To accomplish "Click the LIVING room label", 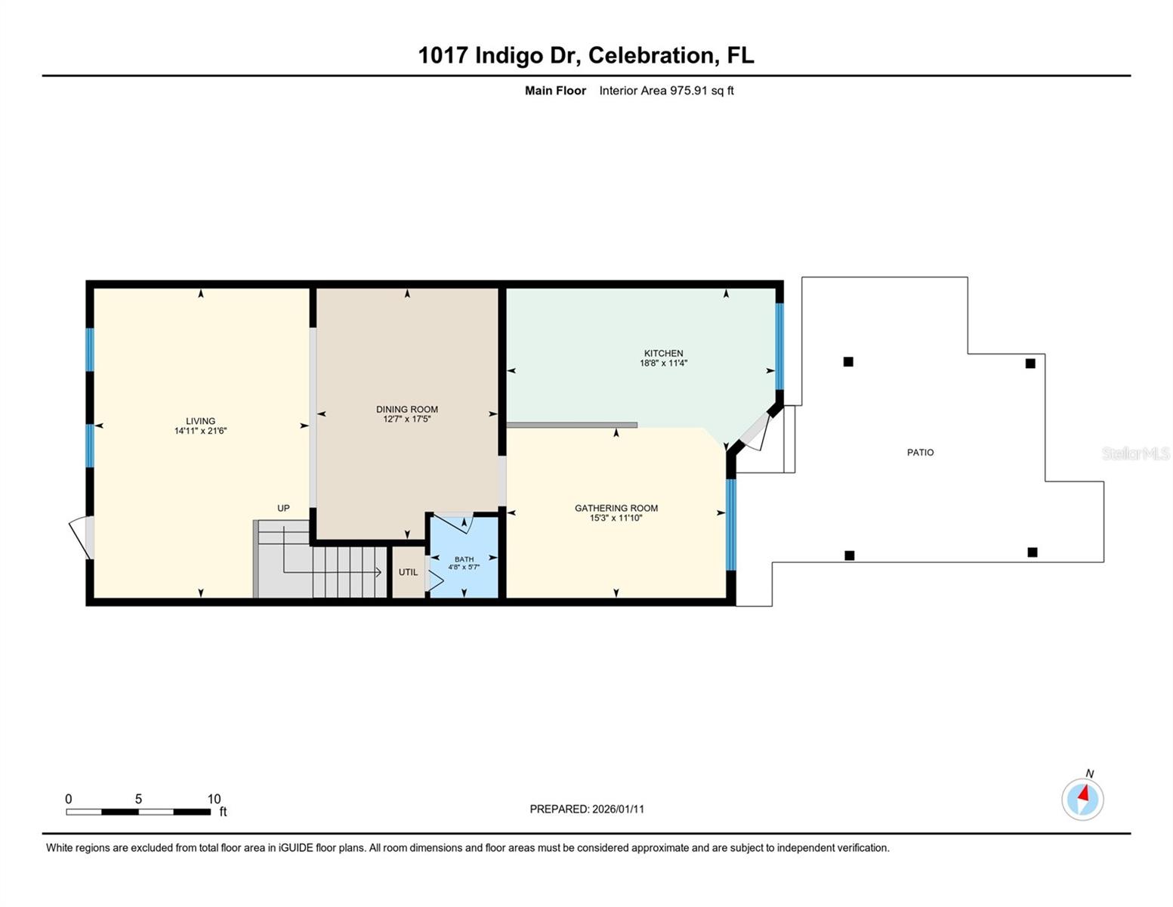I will [x=200, y=421].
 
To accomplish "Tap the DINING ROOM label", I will [x=406, y=409].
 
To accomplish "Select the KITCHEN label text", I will [x=663, y=353].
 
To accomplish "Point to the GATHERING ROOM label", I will [x=616, y=508].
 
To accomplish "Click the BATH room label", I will [x=464, y=559].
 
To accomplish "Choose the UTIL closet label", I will [x=408, y=572].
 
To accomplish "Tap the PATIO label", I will [x=920, y=452].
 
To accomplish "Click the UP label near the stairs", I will [x=283, y=508].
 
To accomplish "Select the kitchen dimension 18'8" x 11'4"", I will [x=663, y=364].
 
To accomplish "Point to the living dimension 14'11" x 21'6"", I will [x=200, y=431].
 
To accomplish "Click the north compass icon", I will [x=1082, y=798].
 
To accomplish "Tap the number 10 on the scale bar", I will [x=214, y=799].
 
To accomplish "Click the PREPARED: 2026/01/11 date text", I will [x=587, y=809].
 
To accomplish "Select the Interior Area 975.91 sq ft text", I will [x=666, y=91].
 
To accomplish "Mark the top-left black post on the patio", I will [x=848, y=362].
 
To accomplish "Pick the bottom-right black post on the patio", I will [x=1032, y=553].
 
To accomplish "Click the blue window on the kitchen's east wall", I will [x=779, y=346].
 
